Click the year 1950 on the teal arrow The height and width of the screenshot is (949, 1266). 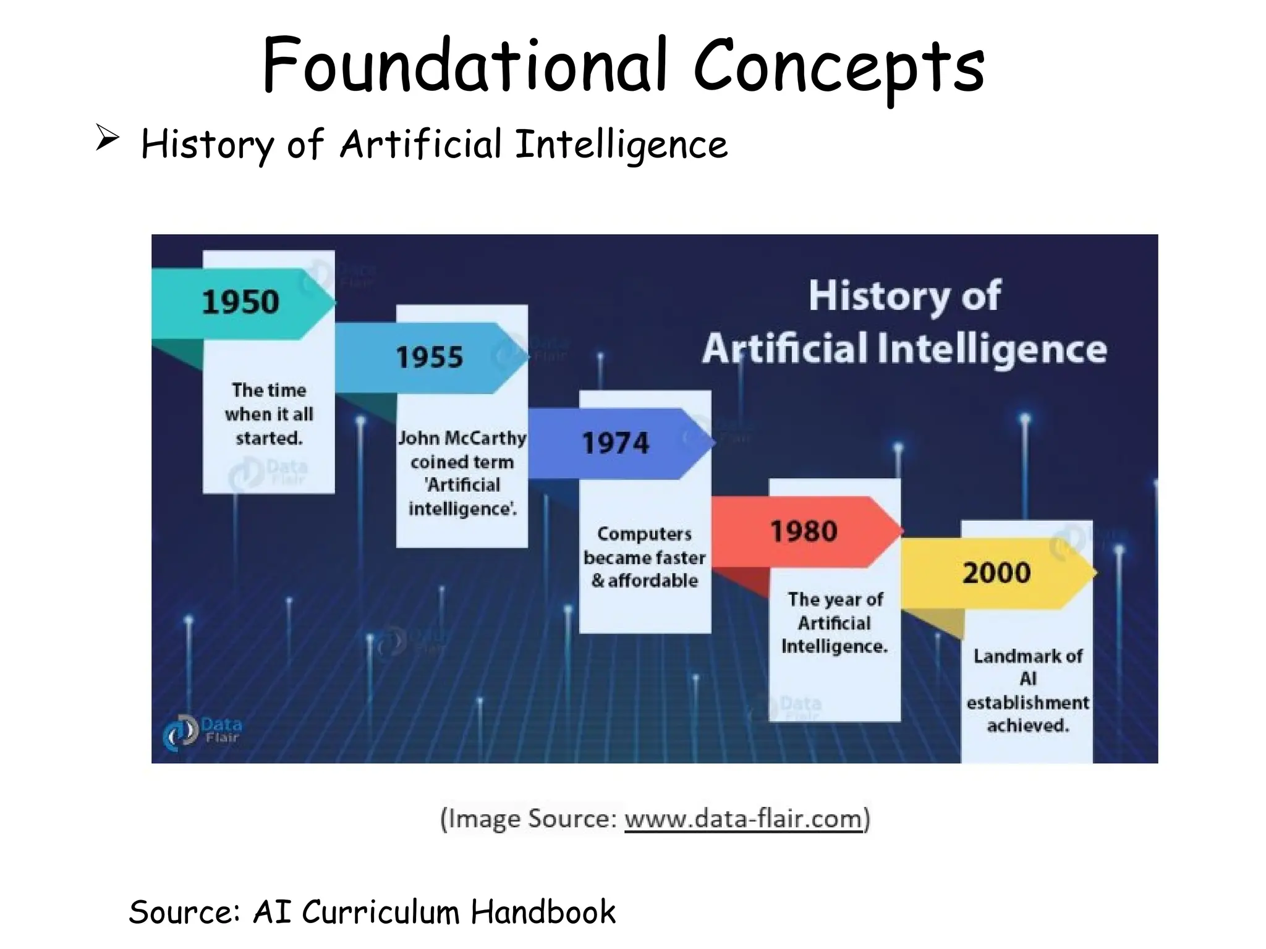240,302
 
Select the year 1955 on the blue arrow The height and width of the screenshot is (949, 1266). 429,357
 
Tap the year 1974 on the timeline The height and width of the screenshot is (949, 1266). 616,443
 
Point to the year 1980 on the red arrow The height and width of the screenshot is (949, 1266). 804,531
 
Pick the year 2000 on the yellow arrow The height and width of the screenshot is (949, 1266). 996,573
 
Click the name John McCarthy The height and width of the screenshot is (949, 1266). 462,438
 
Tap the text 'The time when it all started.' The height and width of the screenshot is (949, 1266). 269,414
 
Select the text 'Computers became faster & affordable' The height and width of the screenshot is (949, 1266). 644,557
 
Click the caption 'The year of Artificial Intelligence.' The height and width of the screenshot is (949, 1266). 835,623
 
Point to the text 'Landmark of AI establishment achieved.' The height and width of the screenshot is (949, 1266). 1027,690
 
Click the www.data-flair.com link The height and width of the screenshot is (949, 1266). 743,819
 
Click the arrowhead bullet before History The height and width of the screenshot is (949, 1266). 107,138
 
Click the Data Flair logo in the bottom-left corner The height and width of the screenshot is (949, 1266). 202,732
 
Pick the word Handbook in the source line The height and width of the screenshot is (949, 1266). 543,912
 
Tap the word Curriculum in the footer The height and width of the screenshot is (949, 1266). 380,912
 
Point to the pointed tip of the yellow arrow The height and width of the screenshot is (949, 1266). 1095,573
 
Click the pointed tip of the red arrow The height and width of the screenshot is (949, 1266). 902,531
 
